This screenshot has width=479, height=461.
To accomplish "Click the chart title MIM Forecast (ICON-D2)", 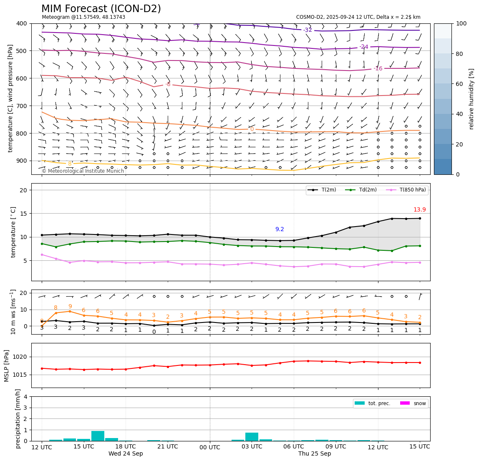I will point(101,9).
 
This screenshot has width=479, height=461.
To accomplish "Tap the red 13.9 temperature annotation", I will point(419,210).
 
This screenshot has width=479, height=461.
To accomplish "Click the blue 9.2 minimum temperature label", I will point(280,229).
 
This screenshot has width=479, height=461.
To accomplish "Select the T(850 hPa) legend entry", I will point(408,190).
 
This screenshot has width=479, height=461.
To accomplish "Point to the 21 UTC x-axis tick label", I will point(168,447).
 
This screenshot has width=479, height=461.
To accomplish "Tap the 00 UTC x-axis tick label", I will point(210,447).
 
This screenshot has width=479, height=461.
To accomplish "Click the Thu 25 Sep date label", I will point(315,454).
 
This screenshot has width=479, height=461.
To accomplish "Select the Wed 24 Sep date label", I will point(126,454).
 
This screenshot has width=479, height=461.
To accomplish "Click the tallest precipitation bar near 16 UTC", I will point(98,436).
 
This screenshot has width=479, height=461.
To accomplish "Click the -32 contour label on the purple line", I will point(308,30).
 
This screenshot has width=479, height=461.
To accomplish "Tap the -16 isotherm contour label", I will point(378,68).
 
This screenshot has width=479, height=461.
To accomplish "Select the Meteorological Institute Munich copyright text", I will point(83,171).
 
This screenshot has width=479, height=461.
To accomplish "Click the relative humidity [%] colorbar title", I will point(471,99).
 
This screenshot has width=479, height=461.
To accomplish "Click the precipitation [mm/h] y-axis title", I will point(18,418).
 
